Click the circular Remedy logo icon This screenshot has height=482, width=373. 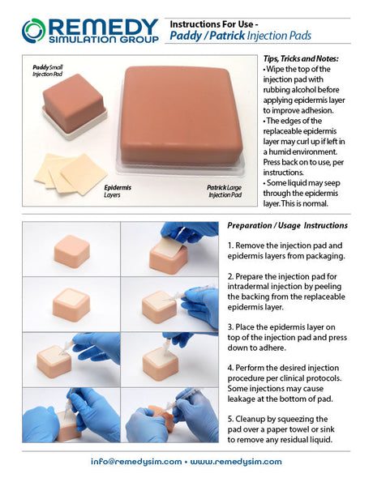pyautogui.click(x=33, y=31)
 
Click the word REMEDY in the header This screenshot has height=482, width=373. pyautogui.click(x=104, y=27)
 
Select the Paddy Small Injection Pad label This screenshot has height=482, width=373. pyautogui.click(x=48, y=70)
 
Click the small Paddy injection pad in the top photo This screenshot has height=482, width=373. pyautogui.click(x=74, y=104)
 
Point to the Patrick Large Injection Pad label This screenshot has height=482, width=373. pyautogui.click(x=225, y=191)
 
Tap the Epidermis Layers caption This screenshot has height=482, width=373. pyautogui.click(x=118, y=191)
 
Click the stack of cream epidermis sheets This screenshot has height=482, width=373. pyautogui.click(x=71, y=173)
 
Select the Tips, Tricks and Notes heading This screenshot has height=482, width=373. pyautogui.click(x=301, y=58)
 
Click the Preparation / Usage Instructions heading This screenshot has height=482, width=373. pyautogui.click(x=287, y=225)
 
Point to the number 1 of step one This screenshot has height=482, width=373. pyautogui.click(x=230, y=245)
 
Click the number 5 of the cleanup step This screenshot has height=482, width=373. pyautogui.click(x=230, y=419)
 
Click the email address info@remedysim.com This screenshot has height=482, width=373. pyautogui.click(x=136, y=462)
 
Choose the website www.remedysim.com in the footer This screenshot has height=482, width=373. pyautogui.click(x=236, y=462)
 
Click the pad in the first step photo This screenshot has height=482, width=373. pyautogui.click(x=72, y=251)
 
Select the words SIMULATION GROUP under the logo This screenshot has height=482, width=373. pyautogui.click(x=104, y=40)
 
